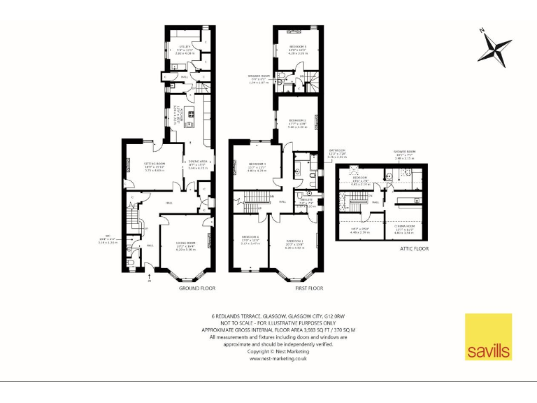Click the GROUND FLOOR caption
[197, 288]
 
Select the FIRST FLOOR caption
[294, 288]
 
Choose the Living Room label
[185, 245]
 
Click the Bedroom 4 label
[250, 239]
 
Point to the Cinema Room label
[404, 227]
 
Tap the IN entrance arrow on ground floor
[149, 279]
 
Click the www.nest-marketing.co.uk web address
[279, 358]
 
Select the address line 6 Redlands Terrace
[279, 316]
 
